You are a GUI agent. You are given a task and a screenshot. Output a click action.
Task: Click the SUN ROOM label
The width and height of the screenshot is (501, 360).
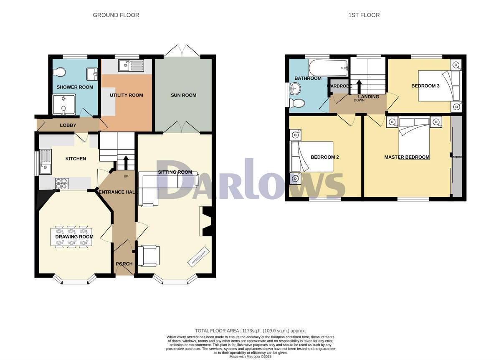pyautogui.click(x=183, y=95)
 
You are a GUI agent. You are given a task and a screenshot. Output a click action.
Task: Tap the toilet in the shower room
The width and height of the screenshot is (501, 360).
pyautogui.click(x=60, y=73)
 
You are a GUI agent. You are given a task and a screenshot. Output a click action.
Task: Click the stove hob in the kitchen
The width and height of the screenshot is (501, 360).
pyautogui.click(x=62, y=183)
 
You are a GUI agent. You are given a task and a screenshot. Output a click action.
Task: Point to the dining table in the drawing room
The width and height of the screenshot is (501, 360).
pyautogui.click(x=71, y=237)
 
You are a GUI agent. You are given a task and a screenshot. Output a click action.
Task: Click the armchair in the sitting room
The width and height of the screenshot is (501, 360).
pyautogui.click(x=149, y=256)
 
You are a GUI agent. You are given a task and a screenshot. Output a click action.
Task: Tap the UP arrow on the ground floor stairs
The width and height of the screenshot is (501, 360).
pyautogui.click(x=126, y=162)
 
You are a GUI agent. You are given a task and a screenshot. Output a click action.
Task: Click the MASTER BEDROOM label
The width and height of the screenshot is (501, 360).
pyautogui.click(x=407, y=157)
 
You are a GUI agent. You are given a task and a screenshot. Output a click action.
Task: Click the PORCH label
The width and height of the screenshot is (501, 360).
pyautogui.click(x=124, y=264)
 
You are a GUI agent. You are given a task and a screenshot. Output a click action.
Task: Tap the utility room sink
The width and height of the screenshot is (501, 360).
pyautogui.click(x=131, y=65)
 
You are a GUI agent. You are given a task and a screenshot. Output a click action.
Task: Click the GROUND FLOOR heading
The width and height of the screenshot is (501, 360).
pyautogui.click(x=116, y=15)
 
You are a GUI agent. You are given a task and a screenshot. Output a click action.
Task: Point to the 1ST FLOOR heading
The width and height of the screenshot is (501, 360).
pyautogui.click(x=364, y=15)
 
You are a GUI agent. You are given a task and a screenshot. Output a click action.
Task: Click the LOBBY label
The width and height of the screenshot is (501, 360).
pyautogui.click(x=68, y=125)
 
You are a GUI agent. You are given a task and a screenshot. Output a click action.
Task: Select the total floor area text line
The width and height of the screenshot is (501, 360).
pyautogui.click(x=250, y=330)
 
